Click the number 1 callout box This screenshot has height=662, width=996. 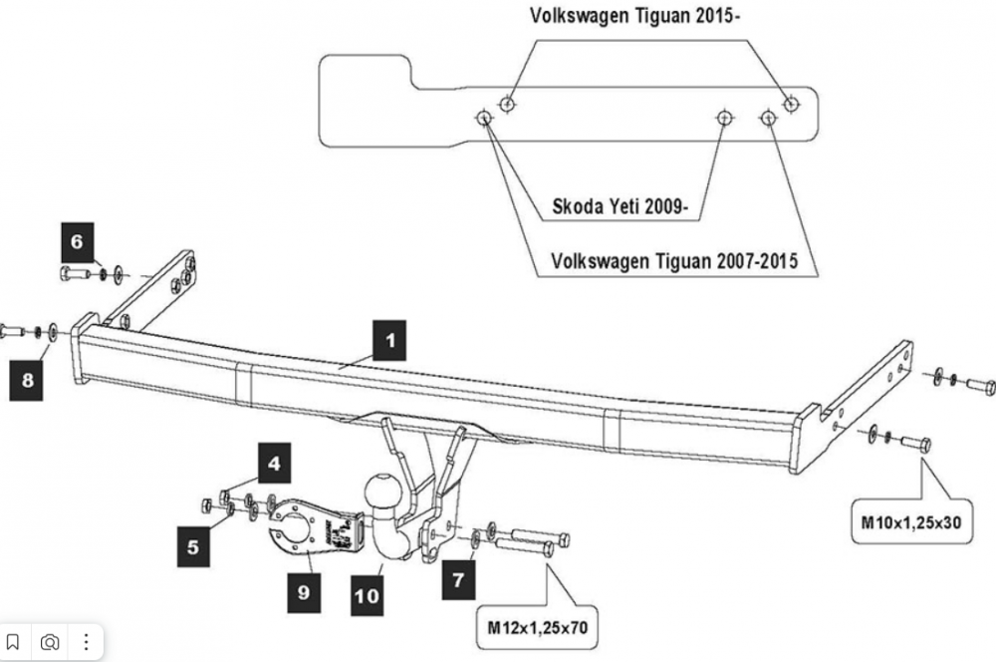(x=390, y=340)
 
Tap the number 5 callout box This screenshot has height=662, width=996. (x=192, y=545)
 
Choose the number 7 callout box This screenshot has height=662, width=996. (x=458, y=580)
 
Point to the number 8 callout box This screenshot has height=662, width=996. (x=28, y=380)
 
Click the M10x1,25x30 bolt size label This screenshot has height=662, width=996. (x=910, y=521)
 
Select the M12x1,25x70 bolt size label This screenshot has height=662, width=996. (x=537, y=628)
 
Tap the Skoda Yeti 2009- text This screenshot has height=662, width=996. (x=622, y=209)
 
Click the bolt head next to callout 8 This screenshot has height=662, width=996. (x=11, y=329)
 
